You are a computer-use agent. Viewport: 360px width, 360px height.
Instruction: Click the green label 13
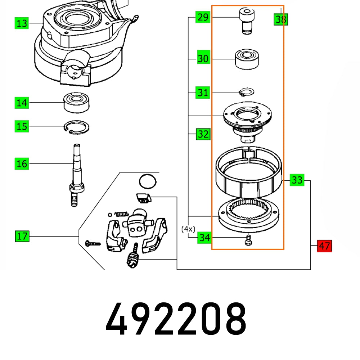[x=22, y=23]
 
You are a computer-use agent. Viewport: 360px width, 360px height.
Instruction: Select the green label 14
[x=22, y=103]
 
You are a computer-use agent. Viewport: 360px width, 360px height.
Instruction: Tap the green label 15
[x=22, y=126]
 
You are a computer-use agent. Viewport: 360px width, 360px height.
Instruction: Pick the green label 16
[x=22, y=164]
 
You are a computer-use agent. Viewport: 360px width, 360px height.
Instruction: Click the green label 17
[x=22, y=237]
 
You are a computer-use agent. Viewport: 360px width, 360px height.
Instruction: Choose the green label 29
[x=203, y=17]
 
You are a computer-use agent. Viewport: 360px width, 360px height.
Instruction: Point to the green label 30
[x=203, y=59]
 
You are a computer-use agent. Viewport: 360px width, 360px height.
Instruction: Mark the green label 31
[x=203, y=93]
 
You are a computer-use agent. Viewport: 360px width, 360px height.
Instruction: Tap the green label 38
[x=280, y=19]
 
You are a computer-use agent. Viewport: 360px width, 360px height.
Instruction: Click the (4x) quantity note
[x=188, y=229]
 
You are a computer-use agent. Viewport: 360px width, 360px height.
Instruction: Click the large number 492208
[x=176, y=319]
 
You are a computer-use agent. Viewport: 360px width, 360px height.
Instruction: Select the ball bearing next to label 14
[x=77, y=103]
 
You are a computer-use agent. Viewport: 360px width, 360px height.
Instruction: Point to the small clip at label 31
[x=247, y=92]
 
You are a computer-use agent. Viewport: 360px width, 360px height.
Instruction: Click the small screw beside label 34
[x=248, y=240]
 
